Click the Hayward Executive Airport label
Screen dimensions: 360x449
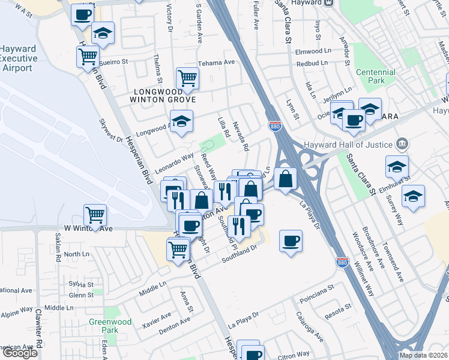coord(18,58)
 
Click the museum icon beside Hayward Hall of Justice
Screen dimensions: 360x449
coord(402,144)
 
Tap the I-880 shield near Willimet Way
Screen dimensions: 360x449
coord(342,262)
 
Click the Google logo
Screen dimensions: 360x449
coord(20,353)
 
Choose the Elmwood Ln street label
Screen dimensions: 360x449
coord(313,52)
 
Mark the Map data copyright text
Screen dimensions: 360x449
coord(423,355)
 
